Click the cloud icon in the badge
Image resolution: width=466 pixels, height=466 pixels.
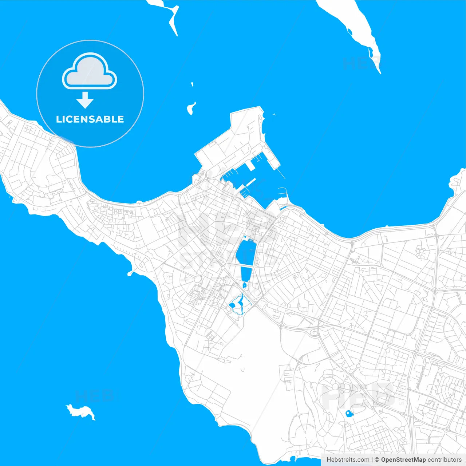tap(90, 72)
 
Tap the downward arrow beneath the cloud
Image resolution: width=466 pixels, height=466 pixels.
tap(85, 100)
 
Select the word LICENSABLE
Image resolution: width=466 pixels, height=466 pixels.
tap(90, 119)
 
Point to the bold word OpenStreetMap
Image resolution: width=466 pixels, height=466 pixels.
tap(403, 460)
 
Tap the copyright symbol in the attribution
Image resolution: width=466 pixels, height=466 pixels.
tap(377, 460)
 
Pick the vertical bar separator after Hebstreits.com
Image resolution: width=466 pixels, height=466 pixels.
tap(372, 460)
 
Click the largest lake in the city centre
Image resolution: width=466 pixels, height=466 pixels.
tap(246, 253)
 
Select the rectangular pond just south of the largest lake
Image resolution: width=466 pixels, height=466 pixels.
tap(246, 273)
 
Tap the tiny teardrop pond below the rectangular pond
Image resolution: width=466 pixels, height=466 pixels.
tap(245, 285)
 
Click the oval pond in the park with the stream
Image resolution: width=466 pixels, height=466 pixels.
tap(232, 305)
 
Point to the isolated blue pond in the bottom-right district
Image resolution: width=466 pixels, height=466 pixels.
tap(349, 414)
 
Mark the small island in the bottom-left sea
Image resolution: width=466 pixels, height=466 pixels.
tap(81, 411)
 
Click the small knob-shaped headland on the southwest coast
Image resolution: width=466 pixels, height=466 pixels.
tap(130, 273)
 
